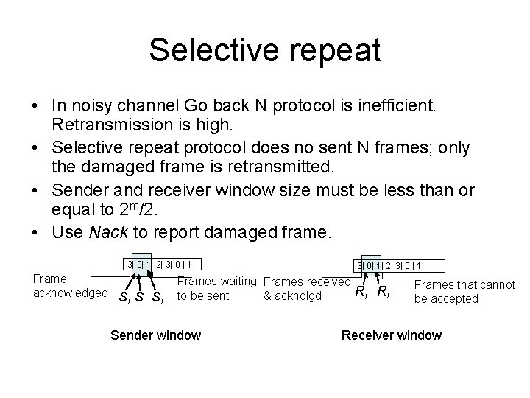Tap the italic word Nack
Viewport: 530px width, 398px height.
click(x=107, y=233)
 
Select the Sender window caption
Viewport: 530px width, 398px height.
click(x=155, y=335)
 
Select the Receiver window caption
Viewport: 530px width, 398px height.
click(x=391, y=335)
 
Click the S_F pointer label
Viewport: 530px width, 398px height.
click(x=125, y=298)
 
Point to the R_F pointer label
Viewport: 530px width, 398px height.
click(x=363, y=293)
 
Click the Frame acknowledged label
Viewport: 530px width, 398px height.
click(x=71, y=286)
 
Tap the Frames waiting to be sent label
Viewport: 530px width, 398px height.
click(x=218, y=289)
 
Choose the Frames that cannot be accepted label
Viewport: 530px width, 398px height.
click(x=464, y=292)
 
